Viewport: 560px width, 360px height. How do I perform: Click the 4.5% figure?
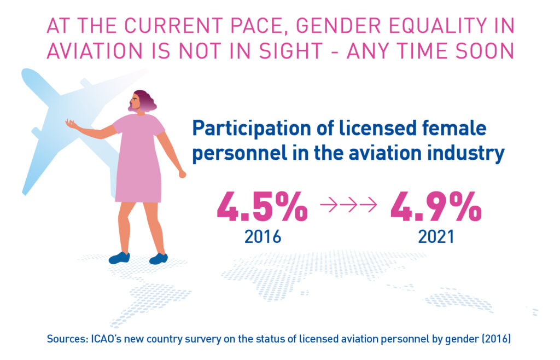coord(262,207)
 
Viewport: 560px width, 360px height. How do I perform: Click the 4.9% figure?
coord(436,207)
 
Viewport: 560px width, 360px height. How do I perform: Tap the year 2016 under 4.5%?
coord(262,236)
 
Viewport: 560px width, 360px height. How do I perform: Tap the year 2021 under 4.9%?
coord(436,236)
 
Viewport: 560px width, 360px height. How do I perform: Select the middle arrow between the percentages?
coord(349,206)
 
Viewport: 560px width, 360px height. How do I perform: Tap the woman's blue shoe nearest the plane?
coord(119,257)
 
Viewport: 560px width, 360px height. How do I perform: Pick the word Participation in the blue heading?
coord(251,130)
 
